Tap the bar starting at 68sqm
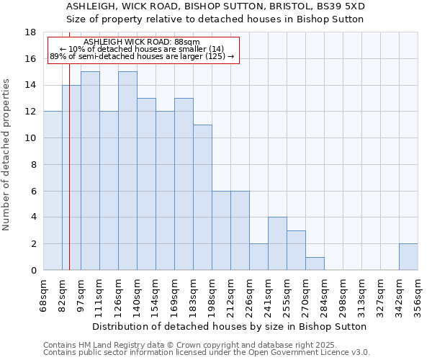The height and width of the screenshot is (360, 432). pos(53,191)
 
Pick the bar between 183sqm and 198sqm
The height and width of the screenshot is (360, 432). pos(202,197)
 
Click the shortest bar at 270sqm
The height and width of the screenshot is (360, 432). pos(315,264)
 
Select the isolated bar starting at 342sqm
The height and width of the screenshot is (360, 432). pos(408,257)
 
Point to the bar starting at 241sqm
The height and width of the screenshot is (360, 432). pos(277,243)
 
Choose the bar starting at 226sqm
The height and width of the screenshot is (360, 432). pos(258,257)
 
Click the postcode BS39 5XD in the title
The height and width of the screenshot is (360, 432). pos(342,6)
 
